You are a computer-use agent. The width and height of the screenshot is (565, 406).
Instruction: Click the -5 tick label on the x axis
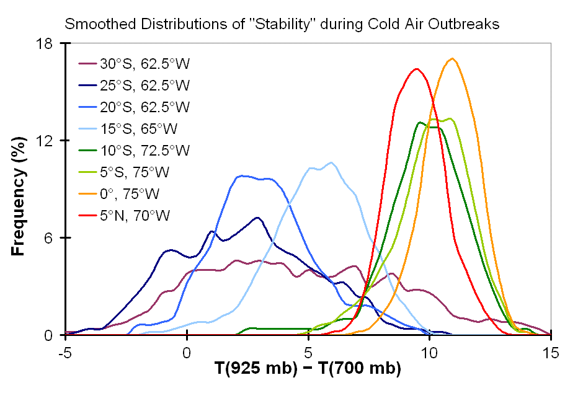click(65, 351)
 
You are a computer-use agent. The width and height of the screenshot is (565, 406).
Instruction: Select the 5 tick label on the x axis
click(308, 351)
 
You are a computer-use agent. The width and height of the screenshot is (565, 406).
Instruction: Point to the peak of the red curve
click(417, 68)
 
